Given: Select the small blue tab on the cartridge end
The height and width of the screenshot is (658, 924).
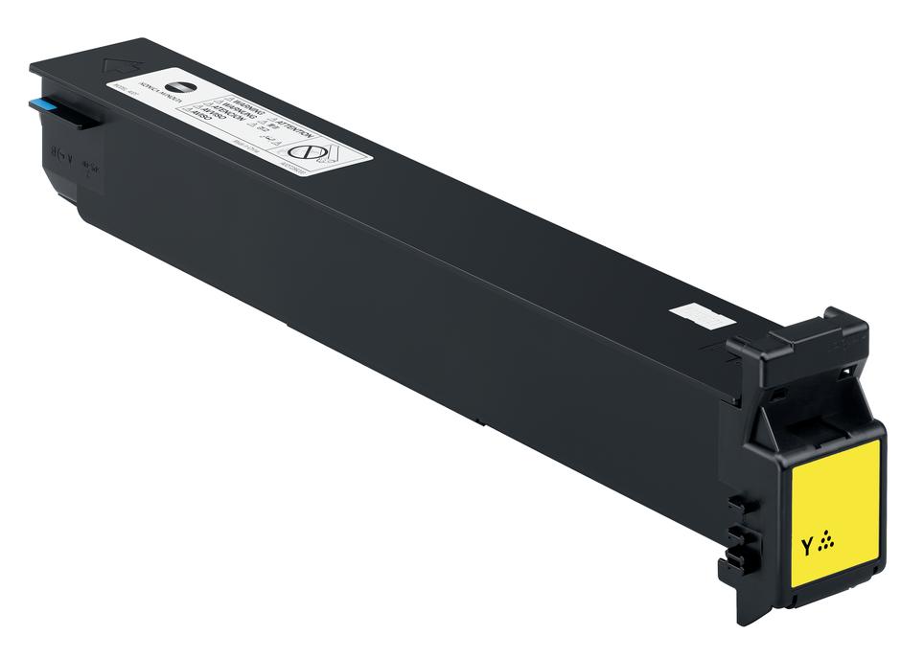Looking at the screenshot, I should pos(44,104).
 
